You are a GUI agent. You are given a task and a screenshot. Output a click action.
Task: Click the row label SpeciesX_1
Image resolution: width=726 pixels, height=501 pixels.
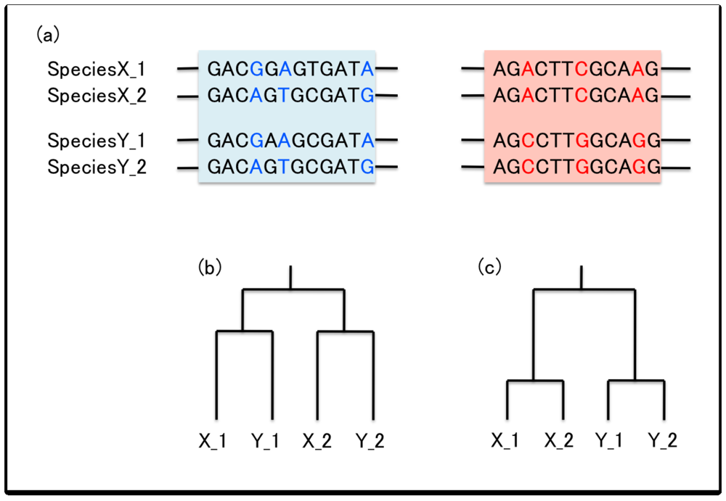pos(97,70)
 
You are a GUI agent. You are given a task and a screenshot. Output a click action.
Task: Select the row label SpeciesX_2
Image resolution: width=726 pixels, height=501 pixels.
pos(97,95)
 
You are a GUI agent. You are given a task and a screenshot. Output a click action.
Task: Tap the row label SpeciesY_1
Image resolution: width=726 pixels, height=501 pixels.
pos(97,141)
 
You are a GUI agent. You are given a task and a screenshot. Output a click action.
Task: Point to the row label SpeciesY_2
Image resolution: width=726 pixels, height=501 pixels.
pos(97,167)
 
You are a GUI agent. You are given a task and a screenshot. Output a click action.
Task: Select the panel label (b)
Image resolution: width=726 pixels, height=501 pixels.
pos(209,267)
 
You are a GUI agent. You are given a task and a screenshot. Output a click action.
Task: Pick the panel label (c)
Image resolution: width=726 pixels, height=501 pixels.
pos(489,267)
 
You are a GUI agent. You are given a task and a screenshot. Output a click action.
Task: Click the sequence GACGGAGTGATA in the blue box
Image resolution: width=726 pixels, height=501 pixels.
pos(291,70)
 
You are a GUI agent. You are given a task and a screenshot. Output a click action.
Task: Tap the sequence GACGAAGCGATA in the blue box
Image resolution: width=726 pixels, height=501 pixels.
pos(291,141)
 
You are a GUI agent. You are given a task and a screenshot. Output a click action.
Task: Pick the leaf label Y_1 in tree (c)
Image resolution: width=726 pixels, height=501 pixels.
pos(608,440)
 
